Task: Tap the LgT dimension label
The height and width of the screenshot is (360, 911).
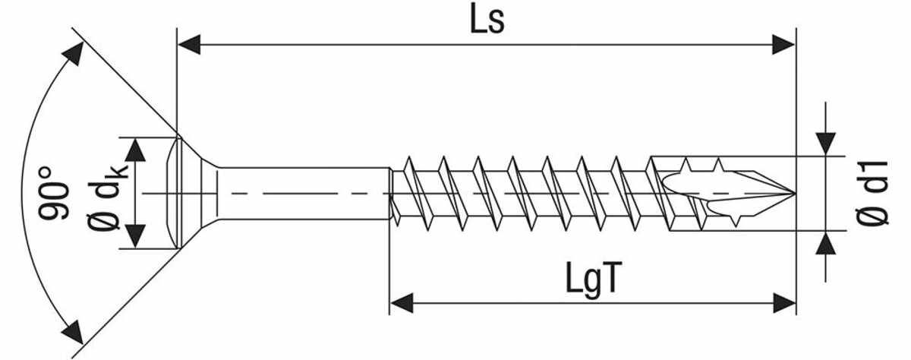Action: click(594, 279)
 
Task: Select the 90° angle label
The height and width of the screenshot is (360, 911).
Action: click(53, 193)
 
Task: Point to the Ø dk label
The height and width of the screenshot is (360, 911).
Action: click(108, 194)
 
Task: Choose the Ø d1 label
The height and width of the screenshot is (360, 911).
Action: click(872, 193)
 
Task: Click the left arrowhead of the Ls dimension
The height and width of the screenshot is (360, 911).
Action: click(189, 44)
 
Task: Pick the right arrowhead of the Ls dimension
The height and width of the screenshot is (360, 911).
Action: click(783, 44)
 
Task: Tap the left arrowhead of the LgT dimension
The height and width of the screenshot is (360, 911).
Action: click(402, 303)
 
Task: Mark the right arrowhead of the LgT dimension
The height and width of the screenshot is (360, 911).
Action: click(784, 303)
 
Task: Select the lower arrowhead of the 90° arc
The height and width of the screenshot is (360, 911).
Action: click(73, 332)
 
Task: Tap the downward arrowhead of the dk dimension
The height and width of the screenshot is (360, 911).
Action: click(135, 236)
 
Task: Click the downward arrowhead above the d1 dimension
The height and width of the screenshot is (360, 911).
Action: click(826, 144)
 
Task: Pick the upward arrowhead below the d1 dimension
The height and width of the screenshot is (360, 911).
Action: click(826, 243)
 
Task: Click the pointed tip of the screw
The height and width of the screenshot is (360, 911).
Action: click(795, 193)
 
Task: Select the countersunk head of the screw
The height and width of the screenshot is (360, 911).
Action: click(195, 193)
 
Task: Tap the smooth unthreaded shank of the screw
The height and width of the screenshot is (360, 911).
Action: click(303, 193)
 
